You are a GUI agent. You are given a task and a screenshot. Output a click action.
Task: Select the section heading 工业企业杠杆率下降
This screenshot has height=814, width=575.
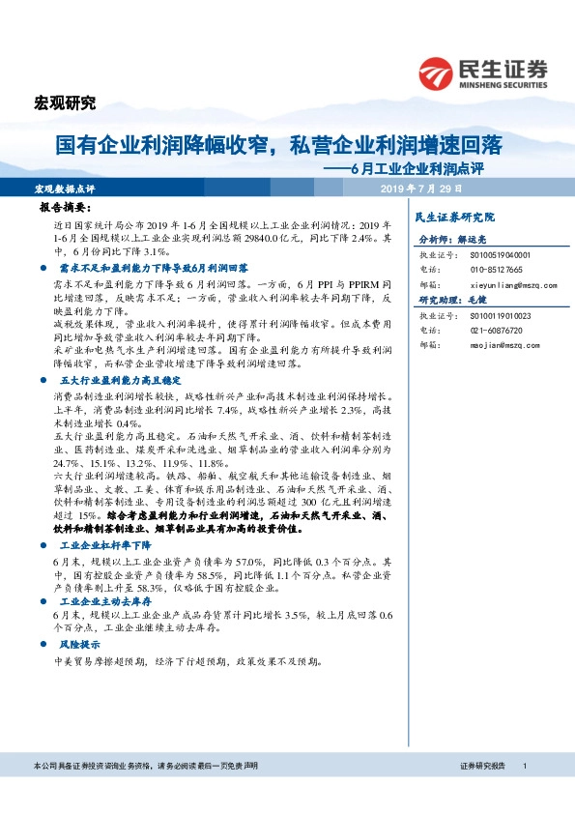(99, 545)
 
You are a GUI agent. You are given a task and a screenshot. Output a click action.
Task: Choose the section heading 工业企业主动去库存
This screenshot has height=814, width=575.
(99, 600)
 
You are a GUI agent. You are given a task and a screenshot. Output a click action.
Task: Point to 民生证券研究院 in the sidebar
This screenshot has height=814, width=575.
(453, 217)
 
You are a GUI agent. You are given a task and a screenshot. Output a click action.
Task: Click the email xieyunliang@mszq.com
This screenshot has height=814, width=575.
(507, 286)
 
